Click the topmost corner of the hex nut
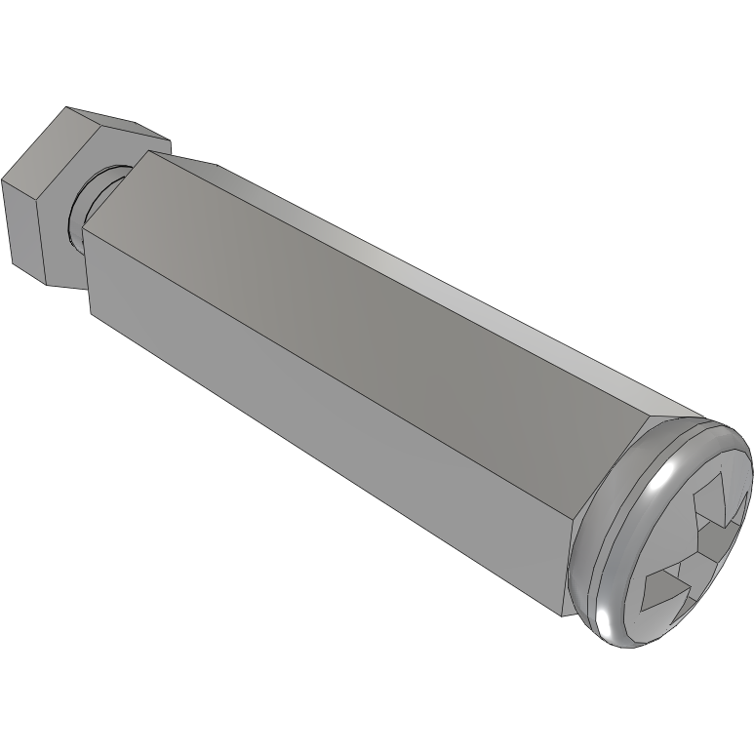(66, 107)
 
